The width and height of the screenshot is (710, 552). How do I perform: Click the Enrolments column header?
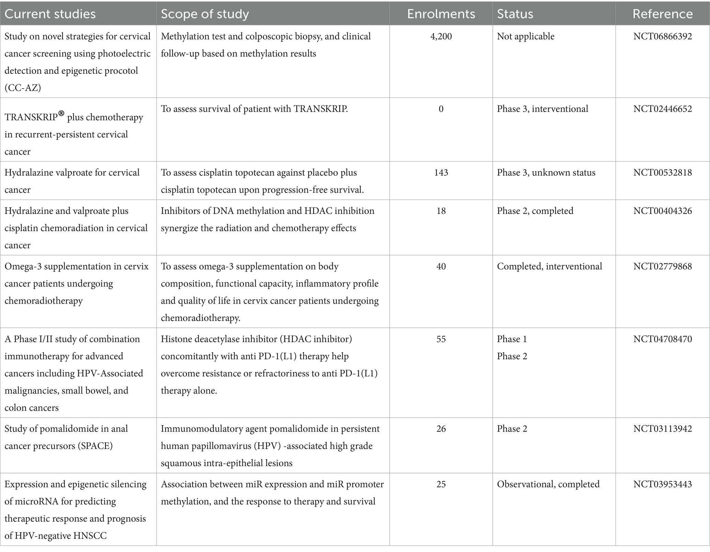(441, 14)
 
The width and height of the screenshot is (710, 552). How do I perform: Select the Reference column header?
(662, 14)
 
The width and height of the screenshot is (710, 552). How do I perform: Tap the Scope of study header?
(205, 14)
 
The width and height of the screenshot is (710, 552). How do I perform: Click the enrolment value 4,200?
(441, 36)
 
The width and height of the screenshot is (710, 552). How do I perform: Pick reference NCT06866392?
(662, 36)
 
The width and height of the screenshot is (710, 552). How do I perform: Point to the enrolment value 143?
(441, 172)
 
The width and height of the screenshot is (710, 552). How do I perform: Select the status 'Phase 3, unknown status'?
(546, 172)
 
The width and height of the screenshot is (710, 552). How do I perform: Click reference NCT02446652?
(662, 109)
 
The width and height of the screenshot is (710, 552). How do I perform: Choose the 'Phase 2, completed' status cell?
(535, 211)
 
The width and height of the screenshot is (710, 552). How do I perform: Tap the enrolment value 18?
(441, 211)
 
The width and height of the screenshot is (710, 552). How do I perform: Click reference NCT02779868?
(662, 266)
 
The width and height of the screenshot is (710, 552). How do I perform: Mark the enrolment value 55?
(441, 339)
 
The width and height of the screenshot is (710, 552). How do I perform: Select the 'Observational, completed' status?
(548, 484)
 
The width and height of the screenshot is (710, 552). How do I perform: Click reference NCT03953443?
(662, 484)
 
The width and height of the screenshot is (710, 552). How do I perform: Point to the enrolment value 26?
(441, 429)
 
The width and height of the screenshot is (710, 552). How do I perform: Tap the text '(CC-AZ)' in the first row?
(23, 88)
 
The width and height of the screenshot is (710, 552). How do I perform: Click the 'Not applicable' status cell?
(525, 36)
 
